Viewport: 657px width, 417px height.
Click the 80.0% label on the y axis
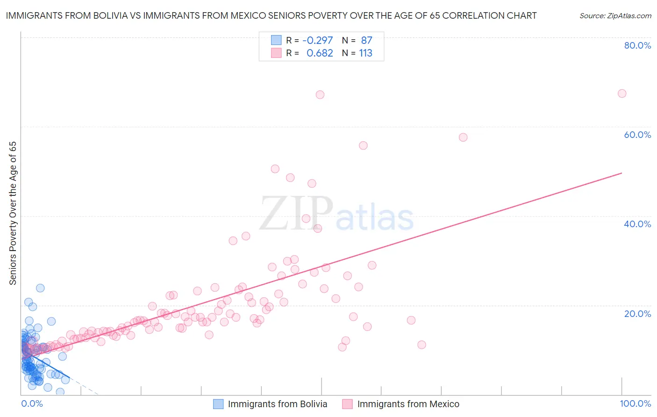(637, 45)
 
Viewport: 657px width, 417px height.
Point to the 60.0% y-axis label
(637, 135)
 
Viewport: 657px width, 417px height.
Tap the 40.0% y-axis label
(637, 224)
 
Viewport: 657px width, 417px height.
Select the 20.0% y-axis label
(637, 313)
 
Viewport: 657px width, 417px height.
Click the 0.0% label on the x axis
(32, 403)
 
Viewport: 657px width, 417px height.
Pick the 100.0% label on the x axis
(635, 403)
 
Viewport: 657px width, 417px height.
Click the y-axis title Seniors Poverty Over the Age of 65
(13, 213)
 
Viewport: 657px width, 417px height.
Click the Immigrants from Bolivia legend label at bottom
(277, 404)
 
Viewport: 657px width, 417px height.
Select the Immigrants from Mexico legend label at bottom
(408, 404)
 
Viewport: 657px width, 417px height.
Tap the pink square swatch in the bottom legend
(347, 404)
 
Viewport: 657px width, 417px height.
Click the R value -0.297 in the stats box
(318, 41)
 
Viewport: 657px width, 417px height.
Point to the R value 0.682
(320, 53)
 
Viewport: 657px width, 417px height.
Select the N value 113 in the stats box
(365, 53)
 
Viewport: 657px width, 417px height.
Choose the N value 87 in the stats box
(366, 41)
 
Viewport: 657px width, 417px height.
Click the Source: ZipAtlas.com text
(615, 16)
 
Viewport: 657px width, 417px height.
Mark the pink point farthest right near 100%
(622, 93)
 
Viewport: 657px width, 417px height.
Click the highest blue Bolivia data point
(40, 288)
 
